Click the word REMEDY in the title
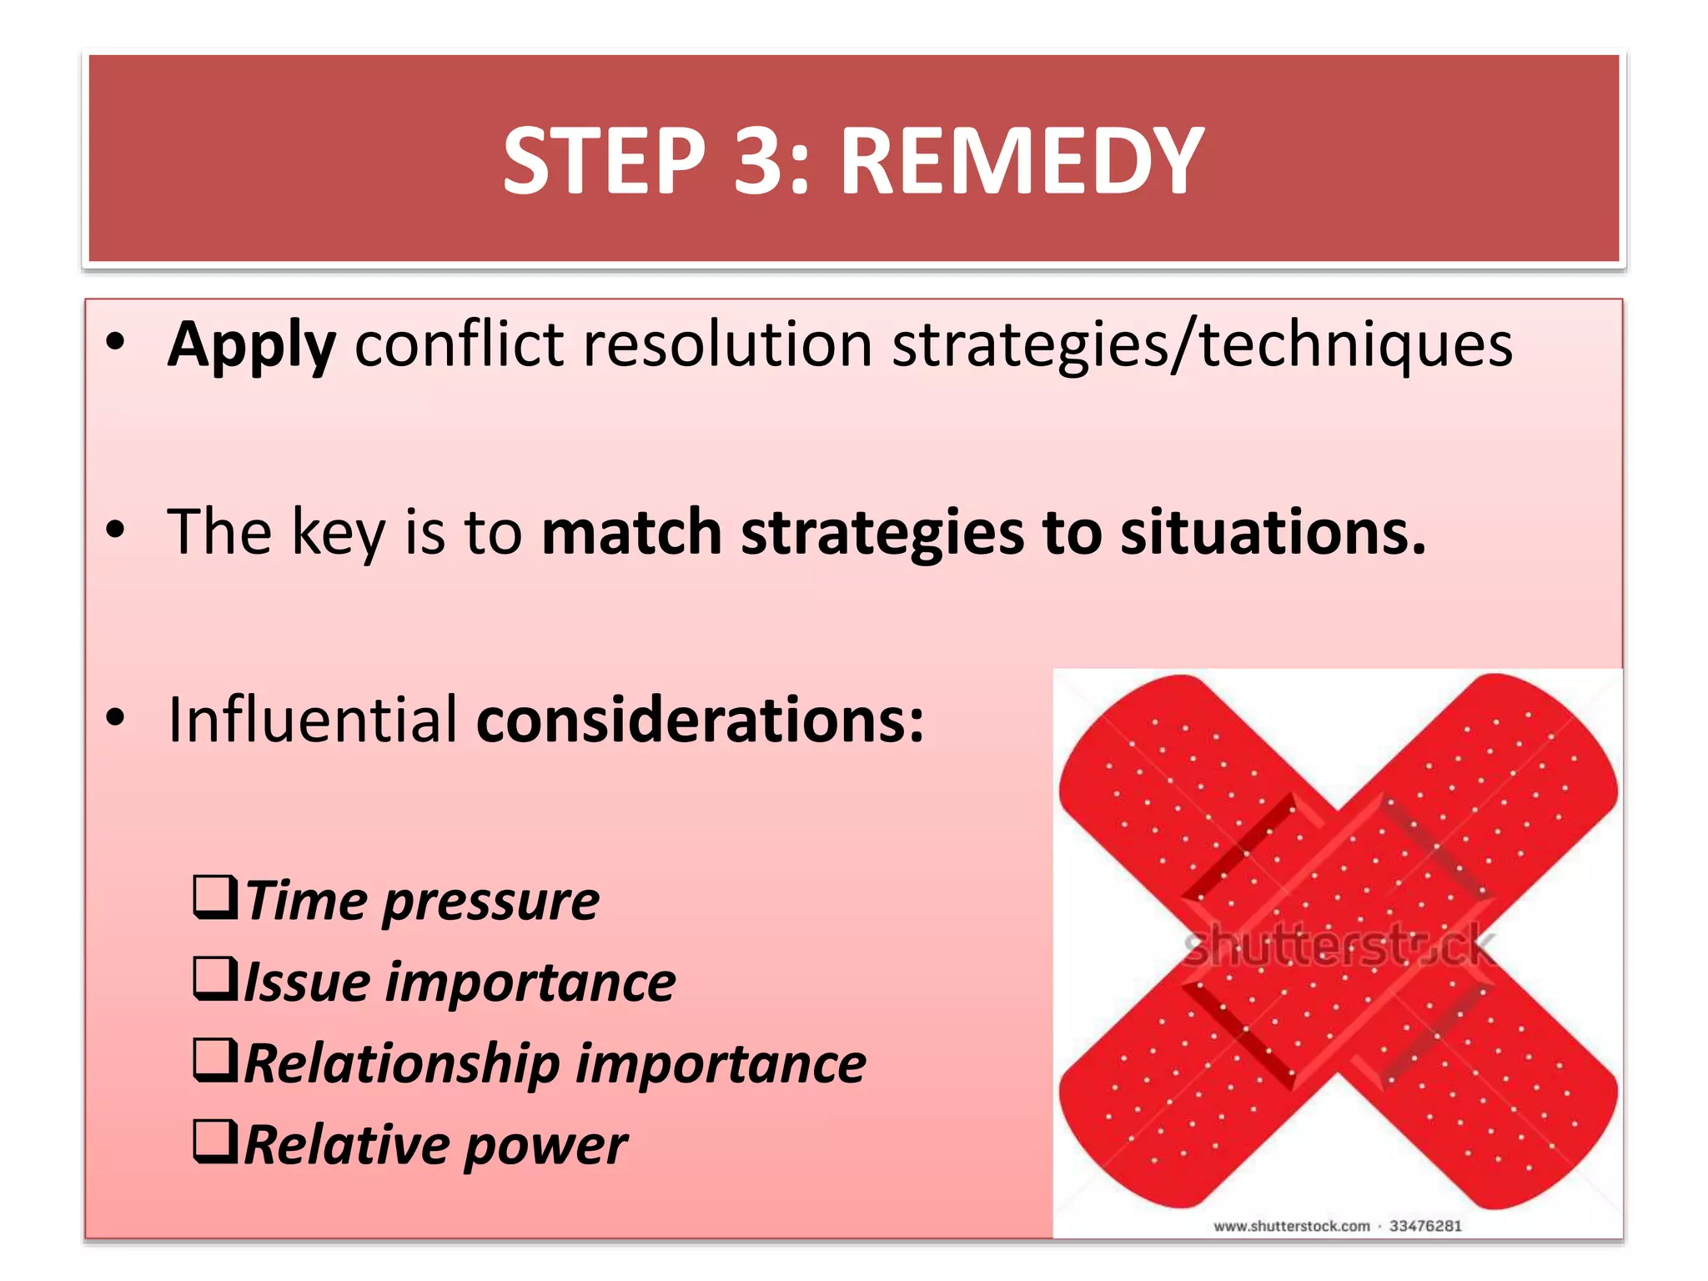click(x=1021, y=160)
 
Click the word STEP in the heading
click(x=605, y=160)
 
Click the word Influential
click(x=313, y=719)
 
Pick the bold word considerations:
click(x=700, y=719)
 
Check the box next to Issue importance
click(x=215, y=978)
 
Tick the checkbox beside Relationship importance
click(x=215, y=1060)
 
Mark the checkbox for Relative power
click(x=215, y=1142)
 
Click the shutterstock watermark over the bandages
click(x=1338, y=948)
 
